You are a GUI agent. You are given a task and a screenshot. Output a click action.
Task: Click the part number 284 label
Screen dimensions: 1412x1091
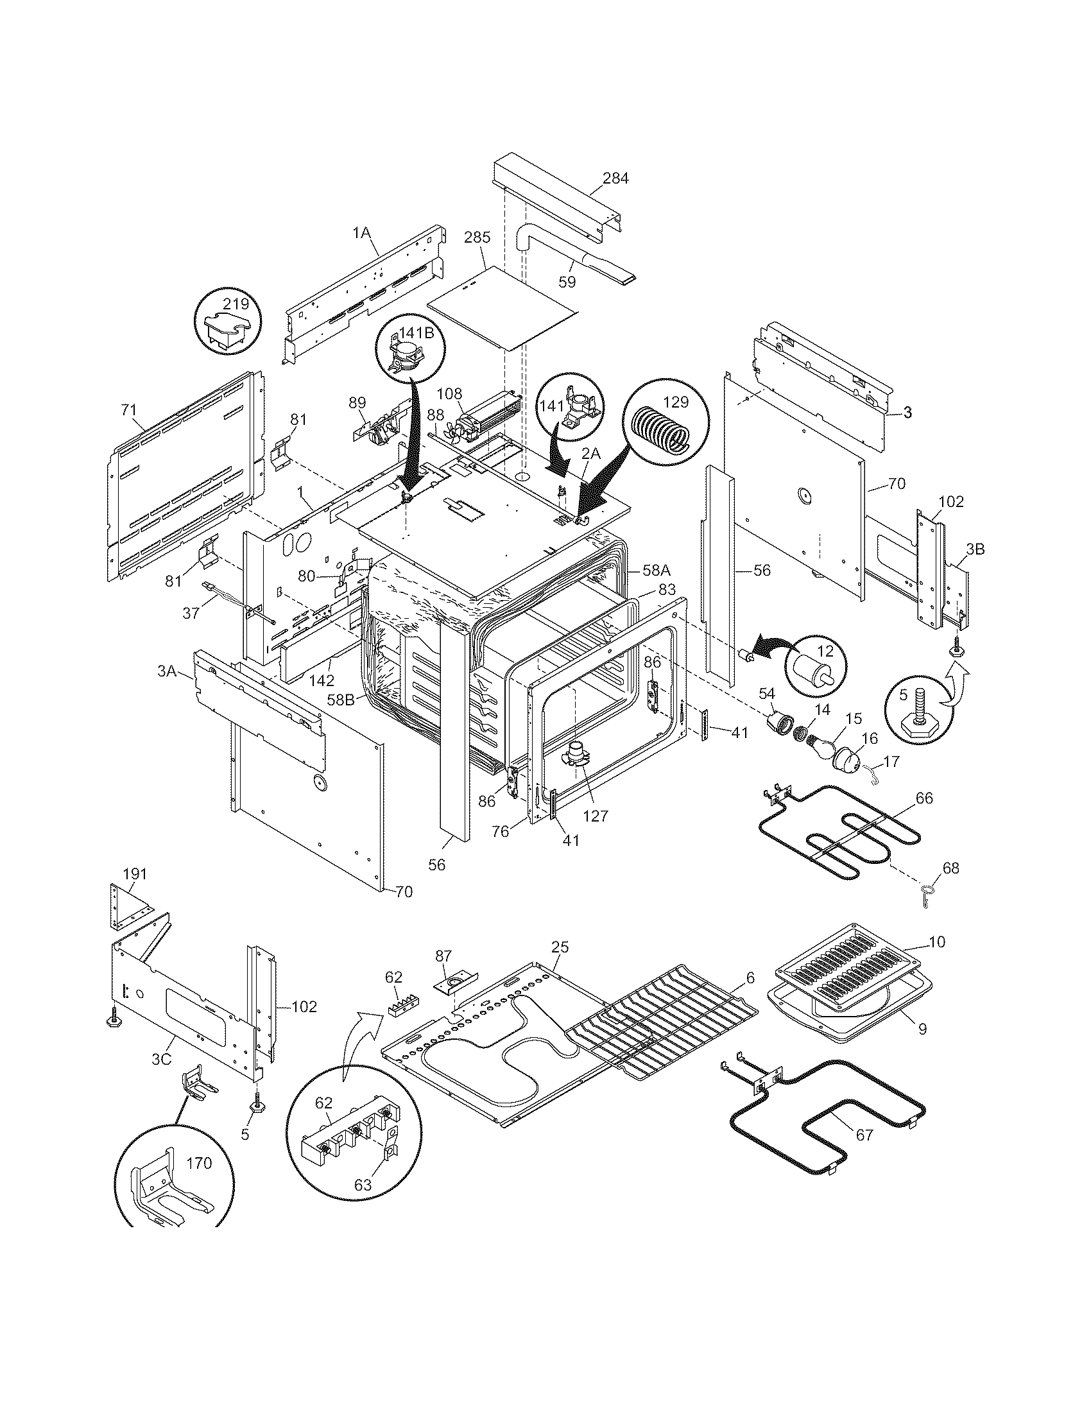pos(615,178)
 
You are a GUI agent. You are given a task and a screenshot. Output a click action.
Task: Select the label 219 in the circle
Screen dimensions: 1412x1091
pos(236,303)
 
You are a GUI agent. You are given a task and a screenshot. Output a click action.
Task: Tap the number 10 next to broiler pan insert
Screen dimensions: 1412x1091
pos(936,942)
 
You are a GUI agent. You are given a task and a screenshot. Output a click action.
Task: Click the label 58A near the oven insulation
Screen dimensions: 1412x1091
pos(657,570)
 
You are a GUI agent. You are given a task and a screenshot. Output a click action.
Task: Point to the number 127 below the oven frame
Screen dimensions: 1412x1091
pos(596,815)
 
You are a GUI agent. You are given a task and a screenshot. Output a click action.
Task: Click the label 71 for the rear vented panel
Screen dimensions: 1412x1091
pos(128,409)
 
